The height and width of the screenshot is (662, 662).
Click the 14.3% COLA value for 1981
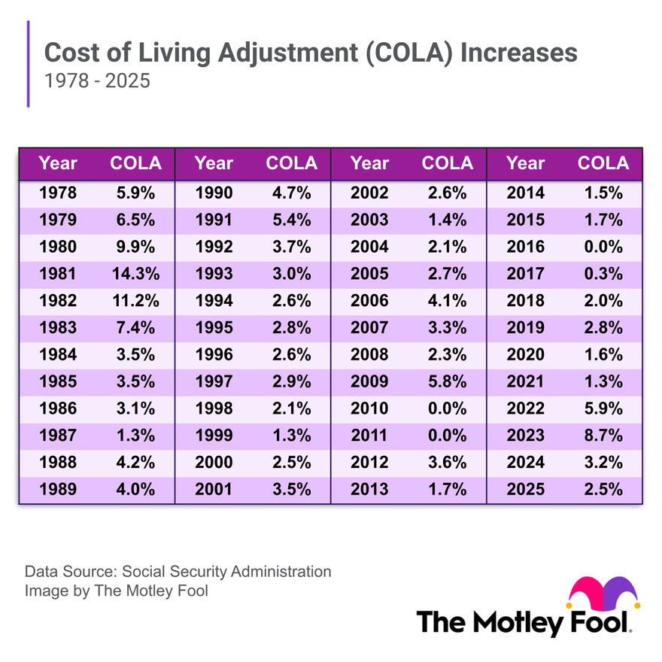pyautogui.click(x=135, y=273)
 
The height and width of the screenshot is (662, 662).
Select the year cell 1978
pyautogui.click(x=58, y=193)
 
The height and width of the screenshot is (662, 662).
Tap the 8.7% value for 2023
pyautogui.click(x=603, y=435)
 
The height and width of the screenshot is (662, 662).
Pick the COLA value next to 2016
pyautogui.click(x=603, y=247)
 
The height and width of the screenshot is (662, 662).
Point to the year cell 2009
pyautogui.click(x=369, y=381)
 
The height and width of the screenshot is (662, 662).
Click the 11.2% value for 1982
pyautogui.click(x=135, y=300)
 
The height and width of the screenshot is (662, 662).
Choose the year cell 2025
pyautogui.click(x=526, y=489)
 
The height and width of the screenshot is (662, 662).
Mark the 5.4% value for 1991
pyautogui.click(x=292, y=220)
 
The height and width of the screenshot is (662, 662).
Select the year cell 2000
pyautogui.click(x=214, y=462)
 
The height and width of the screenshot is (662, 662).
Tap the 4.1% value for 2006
pyautogui.click(x=448, y=300)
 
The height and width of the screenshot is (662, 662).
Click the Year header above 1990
pyautogui.click(x=214, y=163)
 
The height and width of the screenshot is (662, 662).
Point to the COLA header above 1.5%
pyautogui.click(x=603, y=163)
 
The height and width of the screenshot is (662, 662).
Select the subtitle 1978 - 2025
pyautogui.click(x=97, y=80)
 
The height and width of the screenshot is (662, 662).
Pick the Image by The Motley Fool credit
pyautogui.click(x=117, y=591)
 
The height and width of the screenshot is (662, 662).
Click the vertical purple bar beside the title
pyautogui.click(x=29, y=64)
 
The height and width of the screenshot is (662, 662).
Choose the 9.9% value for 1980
pyautogui.click(x=135, y=247)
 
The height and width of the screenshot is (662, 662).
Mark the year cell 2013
pyautogui.click(x=369, y=489)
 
